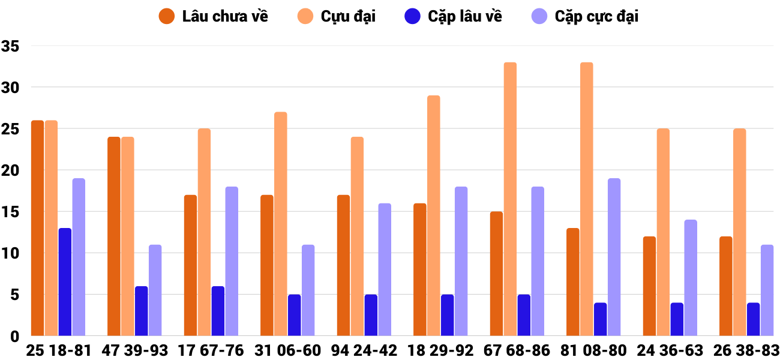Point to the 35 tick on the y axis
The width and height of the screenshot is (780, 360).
[x=11, y=46]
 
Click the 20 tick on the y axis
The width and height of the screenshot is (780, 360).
[x=11, y=170]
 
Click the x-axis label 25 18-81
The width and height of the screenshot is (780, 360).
[x=58, y=350]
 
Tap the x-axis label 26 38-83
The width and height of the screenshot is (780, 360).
[x=746, y=350]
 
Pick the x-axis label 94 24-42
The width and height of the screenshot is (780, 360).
[x=365, y=350]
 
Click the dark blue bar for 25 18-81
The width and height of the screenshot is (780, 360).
[x=65, y=282]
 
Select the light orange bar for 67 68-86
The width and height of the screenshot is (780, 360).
[x=510, y=199]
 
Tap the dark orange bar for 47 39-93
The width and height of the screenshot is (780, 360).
[x=113, y=236]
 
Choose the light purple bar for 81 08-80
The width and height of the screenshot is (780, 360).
[x=614, y=257]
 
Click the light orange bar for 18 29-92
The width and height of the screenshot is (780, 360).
[x=433, y=216]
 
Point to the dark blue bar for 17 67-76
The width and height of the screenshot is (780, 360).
[x=218, y=311]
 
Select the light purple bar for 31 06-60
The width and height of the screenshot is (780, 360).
[x=308, y=290]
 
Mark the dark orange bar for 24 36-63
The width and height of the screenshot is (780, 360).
[x=649, y=286]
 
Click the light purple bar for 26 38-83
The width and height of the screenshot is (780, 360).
[x=767, y=290]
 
